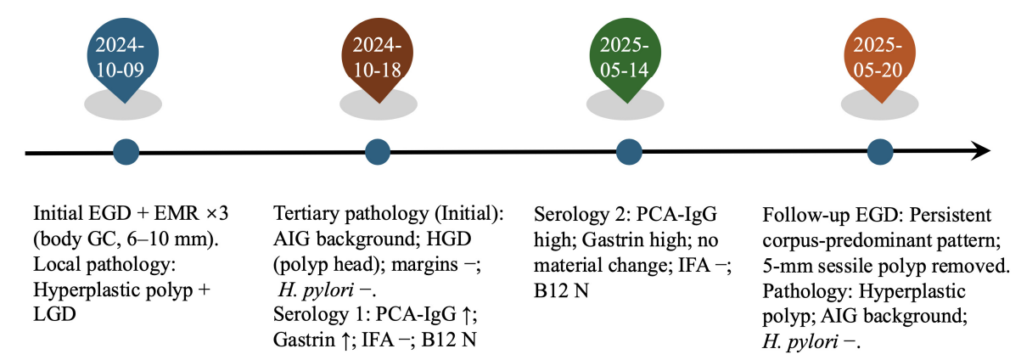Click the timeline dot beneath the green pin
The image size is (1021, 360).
tap(629, 152)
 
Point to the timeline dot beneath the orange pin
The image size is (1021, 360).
tap(880, 152)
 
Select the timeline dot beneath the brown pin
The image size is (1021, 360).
tap(378, 152)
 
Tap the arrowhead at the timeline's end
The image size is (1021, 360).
tap(980, 151)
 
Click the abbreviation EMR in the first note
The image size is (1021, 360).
tap(177, 213)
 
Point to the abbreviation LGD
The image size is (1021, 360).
tap(54, 314)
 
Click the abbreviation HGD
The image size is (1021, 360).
tap(448, 239)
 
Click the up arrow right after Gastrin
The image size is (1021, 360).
tap(346, 340)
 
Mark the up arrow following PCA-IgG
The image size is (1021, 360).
tap(466, 315)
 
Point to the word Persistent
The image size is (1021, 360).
tap(951, 215)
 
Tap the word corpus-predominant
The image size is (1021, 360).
tap(847, 241)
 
